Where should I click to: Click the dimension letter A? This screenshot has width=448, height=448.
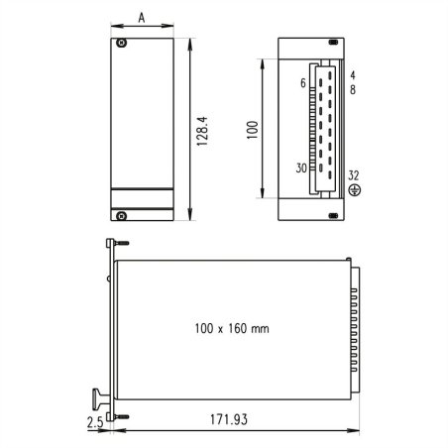[144, 18]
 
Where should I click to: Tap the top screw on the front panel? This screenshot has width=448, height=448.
[122, 44]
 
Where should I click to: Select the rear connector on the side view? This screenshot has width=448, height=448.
[354, 329]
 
